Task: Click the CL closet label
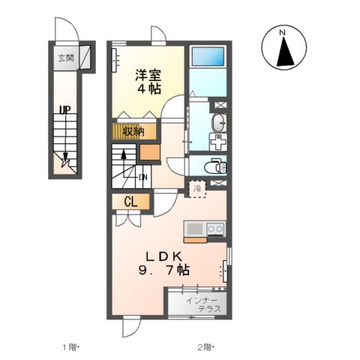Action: tap(130, 201)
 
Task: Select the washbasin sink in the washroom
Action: tap(217, 123)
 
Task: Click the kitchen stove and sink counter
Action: tap(204, 229)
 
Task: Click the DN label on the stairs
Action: tap(142, 178)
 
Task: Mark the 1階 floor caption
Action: tap(70, 347)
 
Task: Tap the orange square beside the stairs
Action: tap(148, 154)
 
